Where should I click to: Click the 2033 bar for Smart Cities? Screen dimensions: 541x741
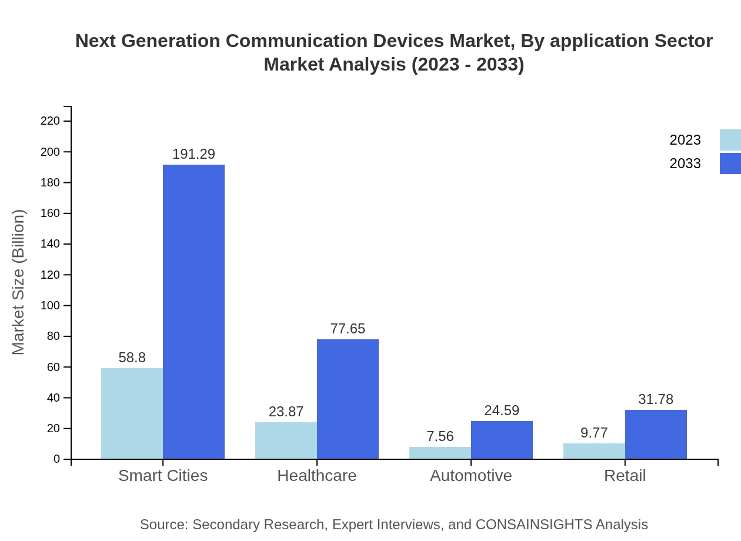[193, 312]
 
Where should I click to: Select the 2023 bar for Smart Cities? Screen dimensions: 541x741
[132, 413]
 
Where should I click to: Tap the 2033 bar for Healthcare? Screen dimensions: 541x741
[348, 399]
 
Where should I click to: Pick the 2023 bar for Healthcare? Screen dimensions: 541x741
[286, 440]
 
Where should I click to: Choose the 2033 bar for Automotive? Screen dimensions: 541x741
[502, 440]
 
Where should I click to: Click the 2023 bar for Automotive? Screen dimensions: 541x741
[440, 453]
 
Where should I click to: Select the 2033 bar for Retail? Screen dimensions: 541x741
[656, 434]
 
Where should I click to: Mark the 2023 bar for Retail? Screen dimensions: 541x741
[594, 451]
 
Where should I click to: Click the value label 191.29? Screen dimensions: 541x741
[193, 154]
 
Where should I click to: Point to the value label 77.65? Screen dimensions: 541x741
[348, 329]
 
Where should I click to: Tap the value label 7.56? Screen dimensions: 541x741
[440, 436]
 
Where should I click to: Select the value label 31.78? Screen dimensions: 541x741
[656, 399]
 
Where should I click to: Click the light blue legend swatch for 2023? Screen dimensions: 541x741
[730, 140]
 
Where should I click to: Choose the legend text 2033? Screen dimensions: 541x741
[685, 163]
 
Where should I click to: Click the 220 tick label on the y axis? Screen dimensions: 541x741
[51, 121]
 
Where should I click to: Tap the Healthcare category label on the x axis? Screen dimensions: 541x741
[317, 475]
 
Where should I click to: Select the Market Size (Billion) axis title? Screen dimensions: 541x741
[19, 282]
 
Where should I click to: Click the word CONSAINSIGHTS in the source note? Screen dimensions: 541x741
[534, 525]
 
